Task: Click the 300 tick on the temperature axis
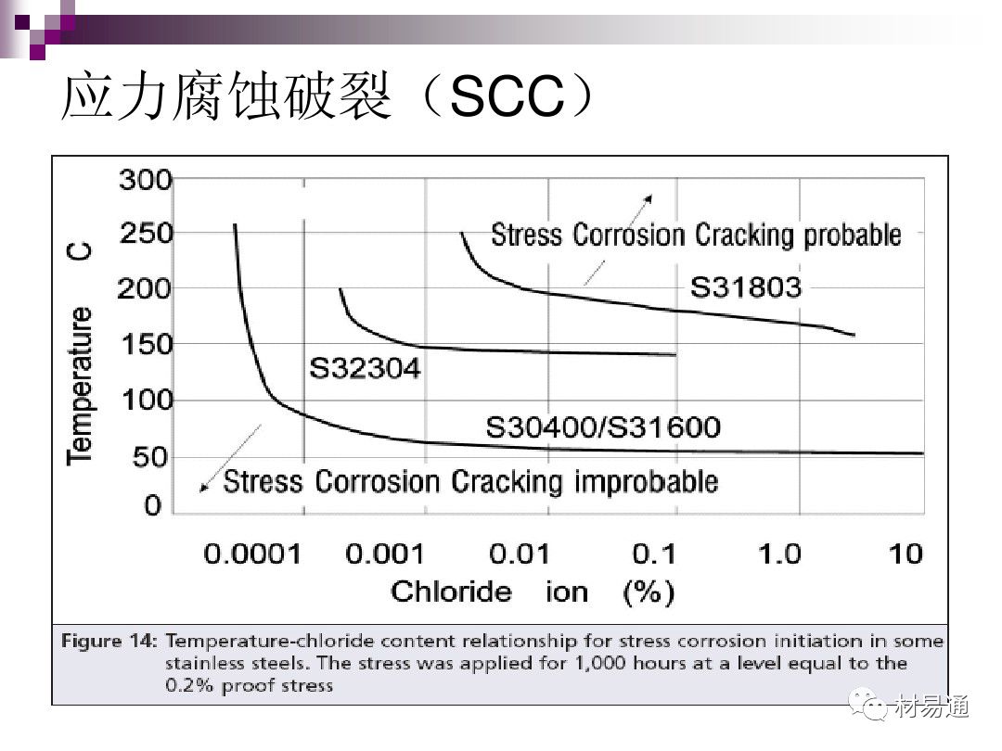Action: [x=146, y=179]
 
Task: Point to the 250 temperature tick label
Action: [x=146, y=233]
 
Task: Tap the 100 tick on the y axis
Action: [x=146, y=401]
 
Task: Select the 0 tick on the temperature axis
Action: [x=152, y=507]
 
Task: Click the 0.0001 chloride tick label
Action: [x=252, y=554]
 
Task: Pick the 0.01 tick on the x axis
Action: [x=520, y=554]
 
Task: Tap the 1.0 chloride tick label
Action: [x=778, y=554]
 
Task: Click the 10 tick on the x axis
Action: [x=906, y=554]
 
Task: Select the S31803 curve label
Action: [x=745, y=287]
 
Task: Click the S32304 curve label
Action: [x=364, y=370]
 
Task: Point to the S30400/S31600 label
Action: [x=603, y=427]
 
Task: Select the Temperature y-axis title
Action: [x=82, y=385]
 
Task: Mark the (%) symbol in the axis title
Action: [x=649, y=592]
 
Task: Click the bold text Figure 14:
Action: [x=110, y=641]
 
